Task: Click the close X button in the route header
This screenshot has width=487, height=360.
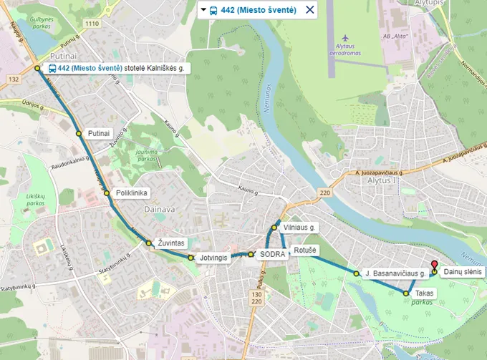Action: (309, 10)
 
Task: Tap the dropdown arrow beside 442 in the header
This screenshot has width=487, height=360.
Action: (203, 10)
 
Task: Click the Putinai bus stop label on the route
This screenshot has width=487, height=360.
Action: (99, 133)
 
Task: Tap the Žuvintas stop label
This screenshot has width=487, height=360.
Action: (171, 243)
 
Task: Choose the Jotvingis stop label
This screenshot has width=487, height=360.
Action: (213, 257)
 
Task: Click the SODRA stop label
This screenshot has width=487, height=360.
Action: (273, 254)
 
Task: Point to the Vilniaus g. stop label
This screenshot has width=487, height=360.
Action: (299, 227)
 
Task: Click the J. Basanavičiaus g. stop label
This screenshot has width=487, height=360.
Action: (395, 273)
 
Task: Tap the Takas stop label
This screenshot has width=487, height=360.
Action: (424, 293)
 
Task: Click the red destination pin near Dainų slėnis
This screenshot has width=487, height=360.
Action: (435, 265)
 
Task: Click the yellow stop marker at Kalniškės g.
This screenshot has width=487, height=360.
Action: (38, 69)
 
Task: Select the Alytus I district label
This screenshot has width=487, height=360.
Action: (378, 181)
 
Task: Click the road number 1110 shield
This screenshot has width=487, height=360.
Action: (92, 24)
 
